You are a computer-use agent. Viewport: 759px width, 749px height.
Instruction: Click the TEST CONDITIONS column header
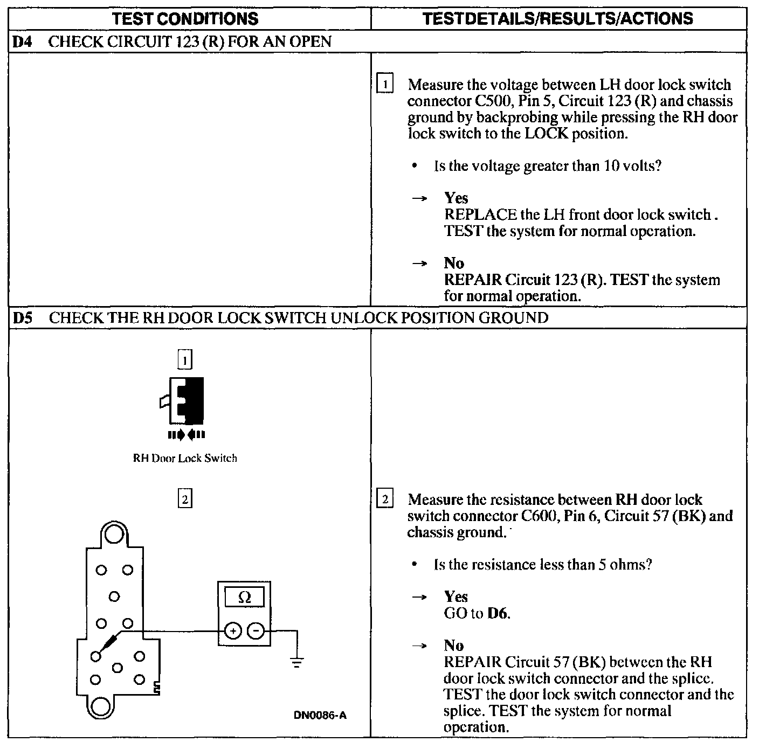point(185,19)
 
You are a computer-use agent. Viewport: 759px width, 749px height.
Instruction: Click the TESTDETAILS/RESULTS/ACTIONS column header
point(558,19)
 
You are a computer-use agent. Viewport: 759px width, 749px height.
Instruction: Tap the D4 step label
point(21,41)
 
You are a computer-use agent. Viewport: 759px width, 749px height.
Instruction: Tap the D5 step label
point(22,317)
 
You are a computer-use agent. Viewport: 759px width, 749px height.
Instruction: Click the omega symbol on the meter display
point(244,598)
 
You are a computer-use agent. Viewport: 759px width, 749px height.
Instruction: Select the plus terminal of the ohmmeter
point(233,631)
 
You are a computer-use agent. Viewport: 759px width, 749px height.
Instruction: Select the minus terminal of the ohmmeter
point(257,631)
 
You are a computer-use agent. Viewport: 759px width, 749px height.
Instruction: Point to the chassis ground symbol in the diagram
point(296,661)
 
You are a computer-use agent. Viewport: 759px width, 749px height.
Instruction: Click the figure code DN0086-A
point(320,715)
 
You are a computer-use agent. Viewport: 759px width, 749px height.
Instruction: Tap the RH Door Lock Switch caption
point(185,459)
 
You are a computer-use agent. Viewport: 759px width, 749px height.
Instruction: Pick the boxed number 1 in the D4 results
point(385,85)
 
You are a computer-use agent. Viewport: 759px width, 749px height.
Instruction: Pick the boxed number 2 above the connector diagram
point(185,500)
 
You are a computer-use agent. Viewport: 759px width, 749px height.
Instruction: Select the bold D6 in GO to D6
point(498,614)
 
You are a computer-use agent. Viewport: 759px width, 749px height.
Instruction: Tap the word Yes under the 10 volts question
point(456,198)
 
